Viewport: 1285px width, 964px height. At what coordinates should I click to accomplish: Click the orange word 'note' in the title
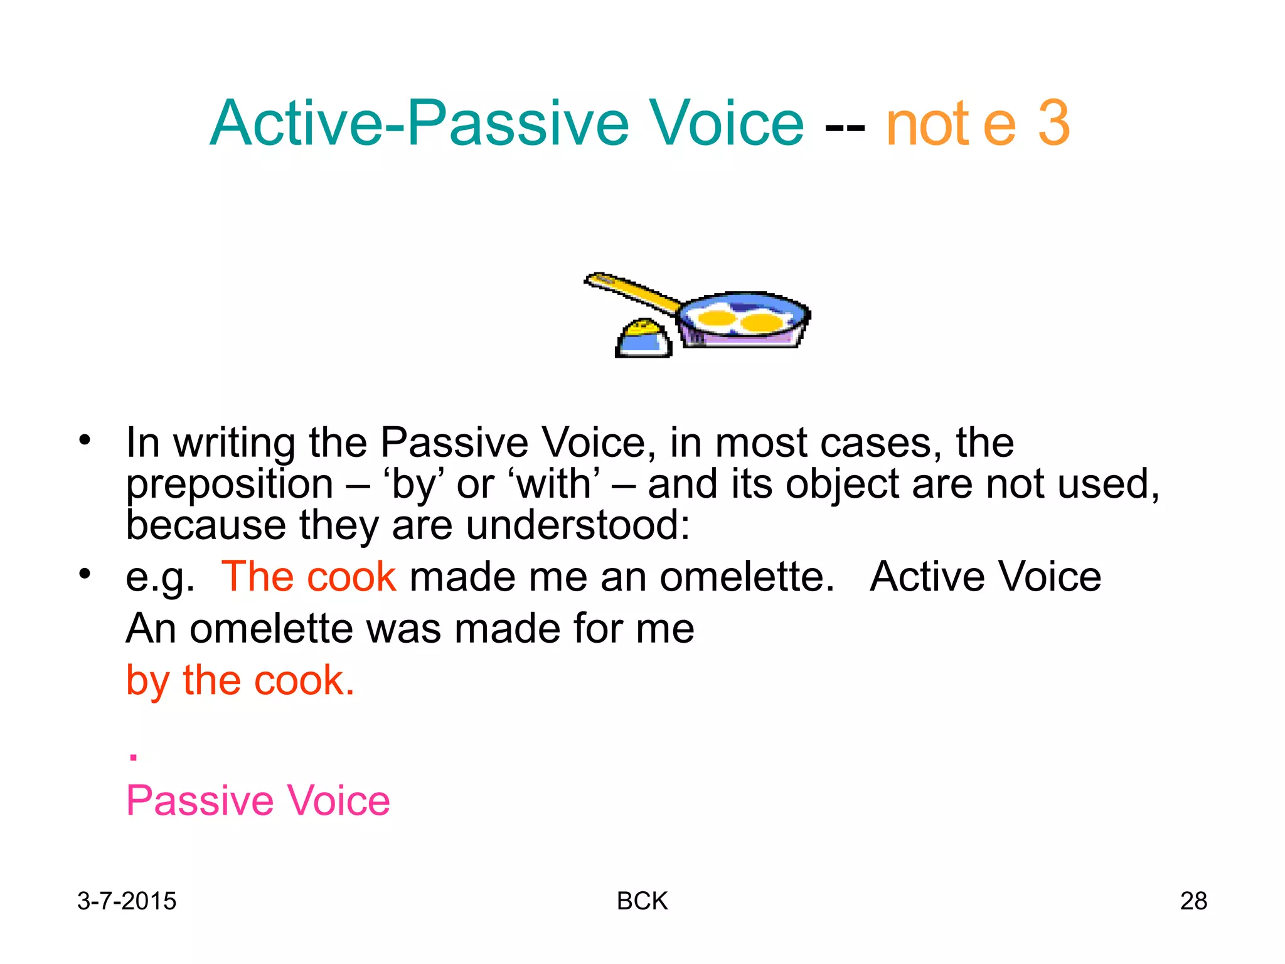950,124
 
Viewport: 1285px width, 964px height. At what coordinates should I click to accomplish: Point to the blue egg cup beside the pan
643,340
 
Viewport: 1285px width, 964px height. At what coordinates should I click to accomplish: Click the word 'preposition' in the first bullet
230,485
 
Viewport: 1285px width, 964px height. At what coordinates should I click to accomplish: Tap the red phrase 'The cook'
309,577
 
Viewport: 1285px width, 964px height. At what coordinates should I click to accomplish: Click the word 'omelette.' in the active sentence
747,577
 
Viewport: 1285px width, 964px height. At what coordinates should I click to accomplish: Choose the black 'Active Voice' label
985,577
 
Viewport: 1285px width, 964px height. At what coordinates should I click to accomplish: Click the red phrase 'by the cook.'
240,681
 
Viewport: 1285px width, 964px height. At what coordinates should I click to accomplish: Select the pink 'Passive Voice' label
258,801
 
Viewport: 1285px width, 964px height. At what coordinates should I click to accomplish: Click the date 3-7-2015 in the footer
127,901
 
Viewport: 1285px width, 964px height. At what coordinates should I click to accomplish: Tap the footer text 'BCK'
642,901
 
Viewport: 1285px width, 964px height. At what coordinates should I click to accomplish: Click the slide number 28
1193,901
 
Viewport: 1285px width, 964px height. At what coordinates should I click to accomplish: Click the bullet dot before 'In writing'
85,440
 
